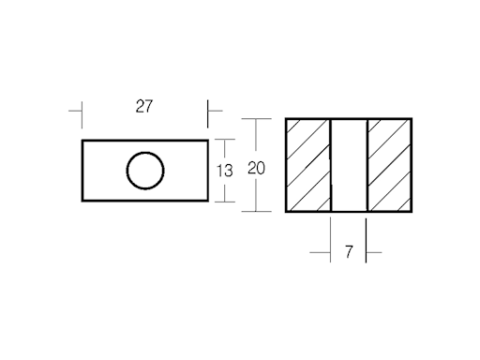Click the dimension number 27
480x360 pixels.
143,106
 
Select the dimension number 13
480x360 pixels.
225,170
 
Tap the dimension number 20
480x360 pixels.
256,169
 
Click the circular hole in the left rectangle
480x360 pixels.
144,171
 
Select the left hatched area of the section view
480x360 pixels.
308,165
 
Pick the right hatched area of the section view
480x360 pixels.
388,165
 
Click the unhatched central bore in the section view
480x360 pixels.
349,165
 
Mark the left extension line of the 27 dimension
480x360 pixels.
82,112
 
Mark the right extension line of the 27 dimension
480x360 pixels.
207,112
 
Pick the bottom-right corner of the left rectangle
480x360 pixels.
206,201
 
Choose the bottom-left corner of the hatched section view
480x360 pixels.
286,211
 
